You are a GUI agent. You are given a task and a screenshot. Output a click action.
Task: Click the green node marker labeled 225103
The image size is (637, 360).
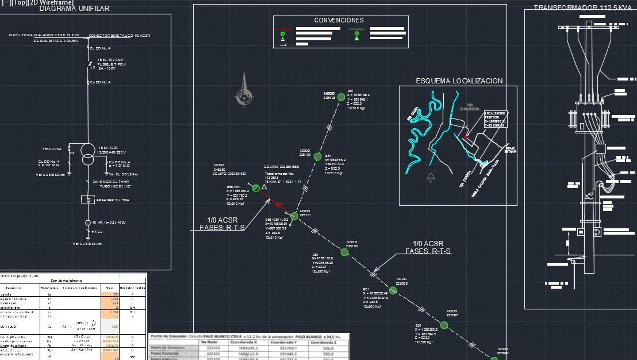[x=339, y=97]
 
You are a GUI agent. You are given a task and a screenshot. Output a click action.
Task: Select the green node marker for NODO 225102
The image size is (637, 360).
[x=317, y=155]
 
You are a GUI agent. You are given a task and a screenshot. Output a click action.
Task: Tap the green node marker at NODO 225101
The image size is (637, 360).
[x=294, y=216]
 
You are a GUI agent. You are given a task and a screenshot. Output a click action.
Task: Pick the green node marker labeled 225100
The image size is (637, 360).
[x=344, y=252]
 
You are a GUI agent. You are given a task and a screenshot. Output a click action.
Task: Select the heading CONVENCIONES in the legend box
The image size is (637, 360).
[x=339, y=21]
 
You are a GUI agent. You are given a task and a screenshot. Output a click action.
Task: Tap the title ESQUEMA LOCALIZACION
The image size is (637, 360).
[x=459, y=81]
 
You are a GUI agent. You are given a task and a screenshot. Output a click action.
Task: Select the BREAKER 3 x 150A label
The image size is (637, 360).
[x=113, y=200]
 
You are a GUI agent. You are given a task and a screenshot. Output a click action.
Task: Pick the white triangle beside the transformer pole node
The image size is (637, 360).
[x=264, y=187]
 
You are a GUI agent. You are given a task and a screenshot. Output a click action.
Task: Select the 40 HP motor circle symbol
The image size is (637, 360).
[x=87, y=223]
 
